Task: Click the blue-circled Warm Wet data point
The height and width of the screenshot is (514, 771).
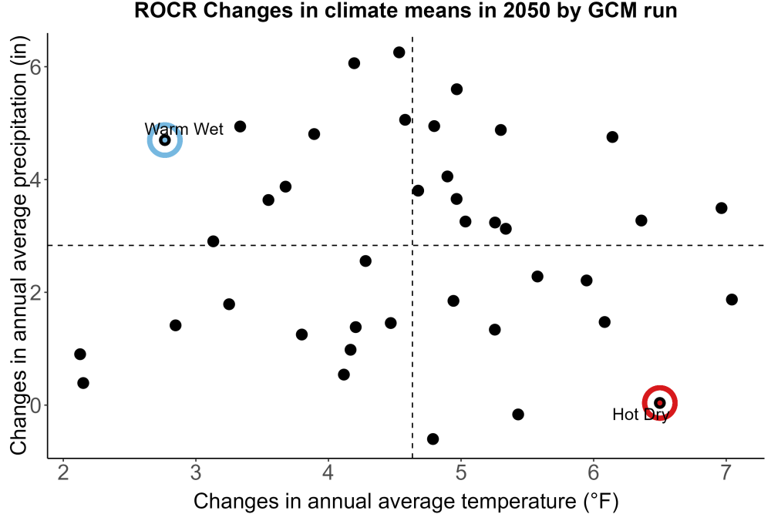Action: point(165,140)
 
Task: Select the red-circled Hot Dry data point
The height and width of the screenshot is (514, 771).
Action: point(660,403)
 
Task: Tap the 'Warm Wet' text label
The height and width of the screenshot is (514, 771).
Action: point(184,129)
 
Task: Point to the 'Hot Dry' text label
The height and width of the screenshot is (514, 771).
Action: point(641,415)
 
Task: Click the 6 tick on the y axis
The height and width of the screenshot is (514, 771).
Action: point(35,67)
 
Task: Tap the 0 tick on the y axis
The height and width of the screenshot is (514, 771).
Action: point(35,405)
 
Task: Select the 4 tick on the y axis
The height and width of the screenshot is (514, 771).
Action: point(35,180)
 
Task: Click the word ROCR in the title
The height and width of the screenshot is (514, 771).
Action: point(165,10)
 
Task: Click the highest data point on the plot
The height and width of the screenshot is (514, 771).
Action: point(399,52)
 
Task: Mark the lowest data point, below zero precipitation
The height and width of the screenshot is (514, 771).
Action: point(433,438)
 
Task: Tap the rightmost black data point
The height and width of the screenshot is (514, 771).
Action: point(732,300)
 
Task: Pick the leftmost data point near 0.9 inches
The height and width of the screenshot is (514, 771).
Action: point(80,354)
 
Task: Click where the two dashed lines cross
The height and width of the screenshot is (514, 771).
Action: point(412,245)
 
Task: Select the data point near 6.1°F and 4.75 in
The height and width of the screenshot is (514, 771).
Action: point(612,137)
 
